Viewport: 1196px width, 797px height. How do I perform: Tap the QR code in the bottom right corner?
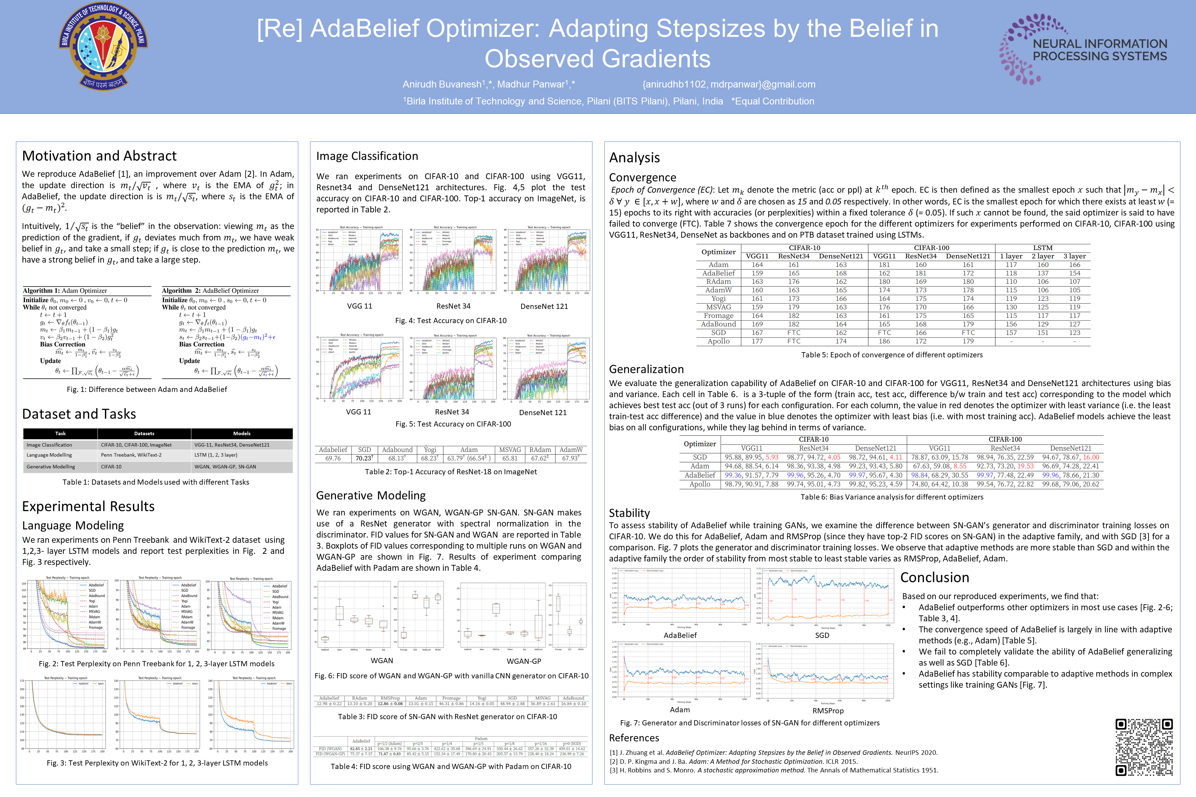[1144, 747]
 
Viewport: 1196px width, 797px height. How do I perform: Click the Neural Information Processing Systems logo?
[1083, 49]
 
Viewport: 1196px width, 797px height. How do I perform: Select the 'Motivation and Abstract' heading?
[99, 156]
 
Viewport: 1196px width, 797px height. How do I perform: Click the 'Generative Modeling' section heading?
[371, 496]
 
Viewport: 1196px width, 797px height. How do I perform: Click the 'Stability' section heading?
[629, 513]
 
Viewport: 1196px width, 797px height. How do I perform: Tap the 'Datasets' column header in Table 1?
[144, 433]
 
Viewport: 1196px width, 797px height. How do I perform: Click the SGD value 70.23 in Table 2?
[364, 458]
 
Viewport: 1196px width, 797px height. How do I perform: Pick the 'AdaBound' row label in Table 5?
[718, 324]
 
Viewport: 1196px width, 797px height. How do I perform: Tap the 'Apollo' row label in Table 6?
[700, 484]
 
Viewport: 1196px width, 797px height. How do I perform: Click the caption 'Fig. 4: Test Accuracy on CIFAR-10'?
[451, 321]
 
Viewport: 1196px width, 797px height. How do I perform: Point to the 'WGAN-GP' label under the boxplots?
[524, 661]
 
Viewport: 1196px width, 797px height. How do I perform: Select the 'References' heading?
[634, 738]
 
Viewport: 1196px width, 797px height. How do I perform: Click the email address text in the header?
[729, 84]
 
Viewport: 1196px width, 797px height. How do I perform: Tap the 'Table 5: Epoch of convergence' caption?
[891, 355]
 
